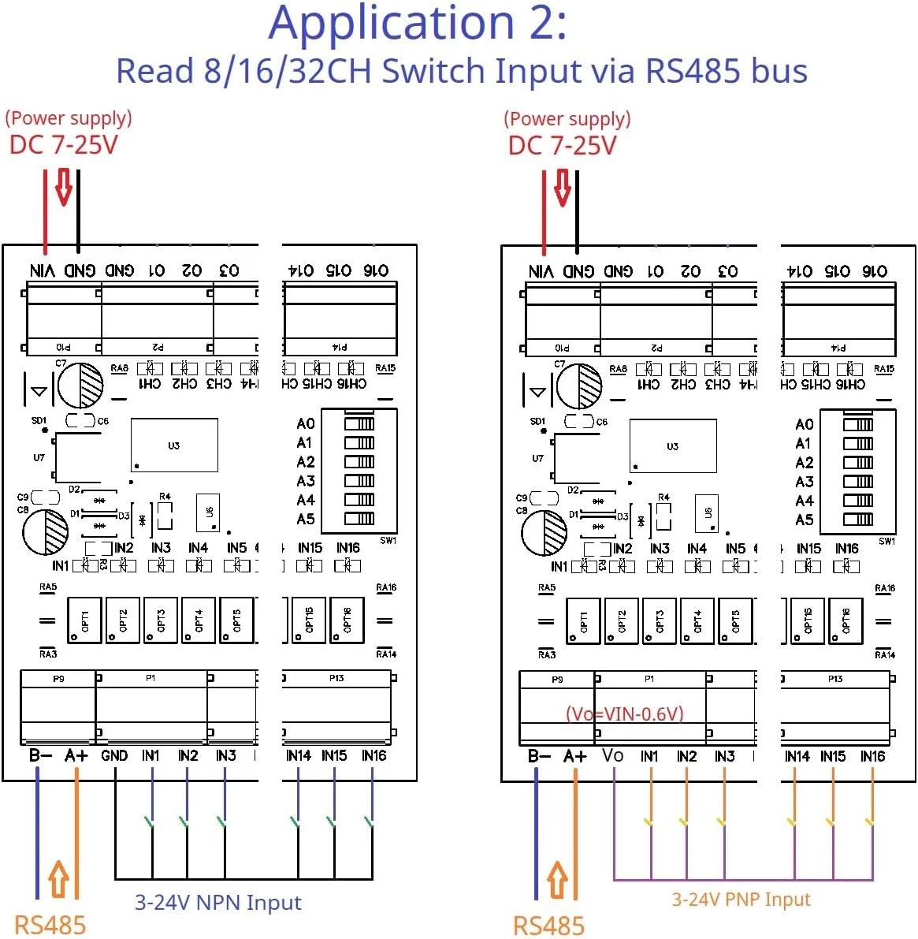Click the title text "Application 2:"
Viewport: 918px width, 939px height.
click(418, 24)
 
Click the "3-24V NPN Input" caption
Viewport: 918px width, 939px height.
click(218, 903)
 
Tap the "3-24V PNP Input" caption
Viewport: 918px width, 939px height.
click(741, 900)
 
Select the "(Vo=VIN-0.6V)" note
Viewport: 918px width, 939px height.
click(625, 714)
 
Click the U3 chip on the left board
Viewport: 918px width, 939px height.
click(174, 445)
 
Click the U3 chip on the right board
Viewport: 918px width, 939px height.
click(673, 446)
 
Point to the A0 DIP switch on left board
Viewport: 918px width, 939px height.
click(359, 423)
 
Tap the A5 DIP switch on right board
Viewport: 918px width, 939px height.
click(858, 520)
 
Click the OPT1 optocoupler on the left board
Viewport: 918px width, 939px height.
click(84, 620)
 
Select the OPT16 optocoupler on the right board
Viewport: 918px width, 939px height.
click(846, 621)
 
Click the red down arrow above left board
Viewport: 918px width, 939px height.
click(64, 187)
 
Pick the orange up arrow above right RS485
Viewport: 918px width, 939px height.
click(557, 879)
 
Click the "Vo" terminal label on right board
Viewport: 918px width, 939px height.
click(613, 756)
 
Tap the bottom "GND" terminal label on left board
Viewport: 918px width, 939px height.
click(114, 755)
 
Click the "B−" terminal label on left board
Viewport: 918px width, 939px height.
click(40, 755)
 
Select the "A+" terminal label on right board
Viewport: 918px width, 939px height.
click(575, 756)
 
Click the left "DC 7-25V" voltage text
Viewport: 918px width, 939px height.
click(63, 145)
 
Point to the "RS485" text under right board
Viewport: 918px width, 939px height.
click(548, 926)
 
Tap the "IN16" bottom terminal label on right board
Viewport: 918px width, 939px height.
click(872, 756)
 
